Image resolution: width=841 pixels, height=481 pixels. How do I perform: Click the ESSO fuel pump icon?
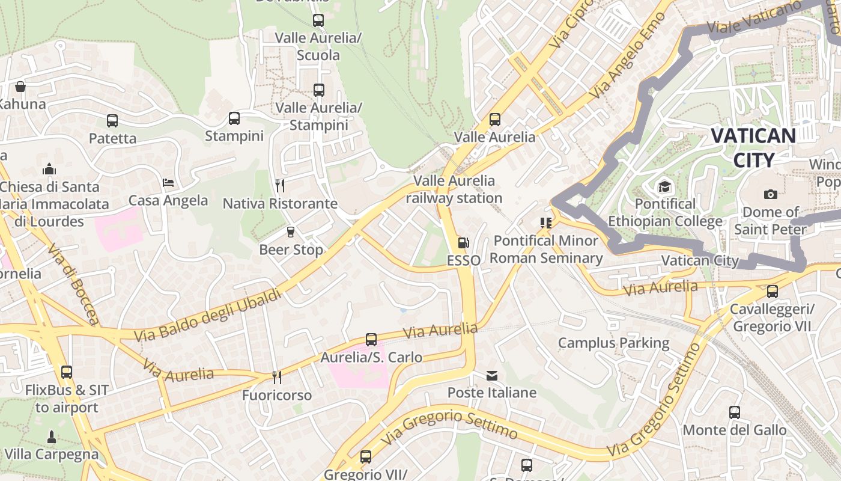point(463,243)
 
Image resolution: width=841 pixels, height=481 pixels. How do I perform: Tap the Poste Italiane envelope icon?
point(492,376)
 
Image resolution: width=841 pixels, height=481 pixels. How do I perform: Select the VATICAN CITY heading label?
point(753,147)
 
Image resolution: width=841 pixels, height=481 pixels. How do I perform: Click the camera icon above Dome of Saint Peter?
point(770,194)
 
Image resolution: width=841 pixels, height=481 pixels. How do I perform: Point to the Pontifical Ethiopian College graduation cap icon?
point(664,186)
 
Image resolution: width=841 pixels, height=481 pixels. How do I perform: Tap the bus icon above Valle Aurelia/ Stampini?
point(318,90)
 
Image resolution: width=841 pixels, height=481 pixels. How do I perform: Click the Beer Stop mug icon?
point(291,232)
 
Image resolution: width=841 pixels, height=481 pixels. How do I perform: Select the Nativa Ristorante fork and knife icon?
point(279,185)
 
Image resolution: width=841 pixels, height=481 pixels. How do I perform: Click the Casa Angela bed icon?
point(168,183)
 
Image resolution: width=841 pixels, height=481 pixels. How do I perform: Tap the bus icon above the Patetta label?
point(112,121)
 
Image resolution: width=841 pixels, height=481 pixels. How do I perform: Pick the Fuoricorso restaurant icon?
point(276,377)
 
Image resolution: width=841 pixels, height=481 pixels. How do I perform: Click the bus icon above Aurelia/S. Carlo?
point(371,340)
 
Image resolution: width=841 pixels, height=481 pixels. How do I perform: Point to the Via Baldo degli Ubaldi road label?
point(208,316)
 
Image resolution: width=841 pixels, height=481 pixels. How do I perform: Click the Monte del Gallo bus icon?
point(734,412)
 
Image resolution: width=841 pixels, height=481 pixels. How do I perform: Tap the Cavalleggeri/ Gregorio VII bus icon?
point(772,292)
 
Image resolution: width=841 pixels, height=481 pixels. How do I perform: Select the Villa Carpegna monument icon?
point(51,437)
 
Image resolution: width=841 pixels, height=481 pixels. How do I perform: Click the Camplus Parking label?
point(613,343)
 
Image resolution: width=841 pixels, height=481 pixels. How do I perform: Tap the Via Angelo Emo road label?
point(627,56)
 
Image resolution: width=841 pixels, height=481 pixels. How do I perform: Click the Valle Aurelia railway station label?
point(454,189)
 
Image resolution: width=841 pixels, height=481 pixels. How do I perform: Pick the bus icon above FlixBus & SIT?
point(67,372)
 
